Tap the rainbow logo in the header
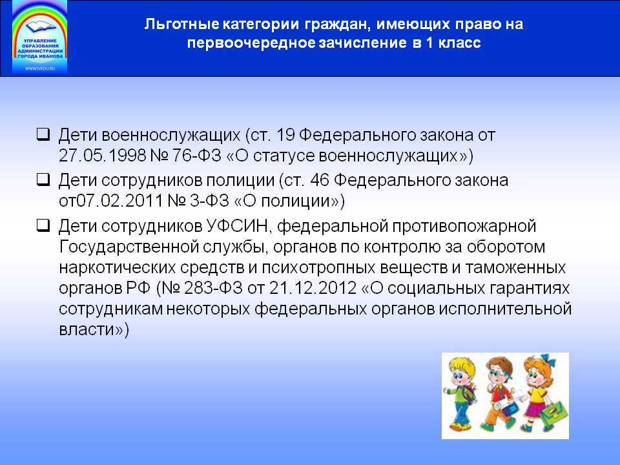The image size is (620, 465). coord(39,37)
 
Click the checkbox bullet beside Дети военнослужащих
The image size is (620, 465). coord(43,134)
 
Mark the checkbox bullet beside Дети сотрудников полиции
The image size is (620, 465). coord(43,180)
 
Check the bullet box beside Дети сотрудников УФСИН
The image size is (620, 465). coord(43,225)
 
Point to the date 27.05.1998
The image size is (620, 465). coord(103,156)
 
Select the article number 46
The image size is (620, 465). coord(320,180)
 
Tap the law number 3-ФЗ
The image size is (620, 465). coord(209,201)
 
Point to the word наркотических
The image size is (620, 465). coord(118,267)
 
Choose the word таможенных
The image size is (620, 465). coord(515,267)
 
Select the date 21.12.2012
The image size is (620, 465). coord(313,288)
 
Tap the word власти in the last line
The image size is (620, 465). coord(87,329)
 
